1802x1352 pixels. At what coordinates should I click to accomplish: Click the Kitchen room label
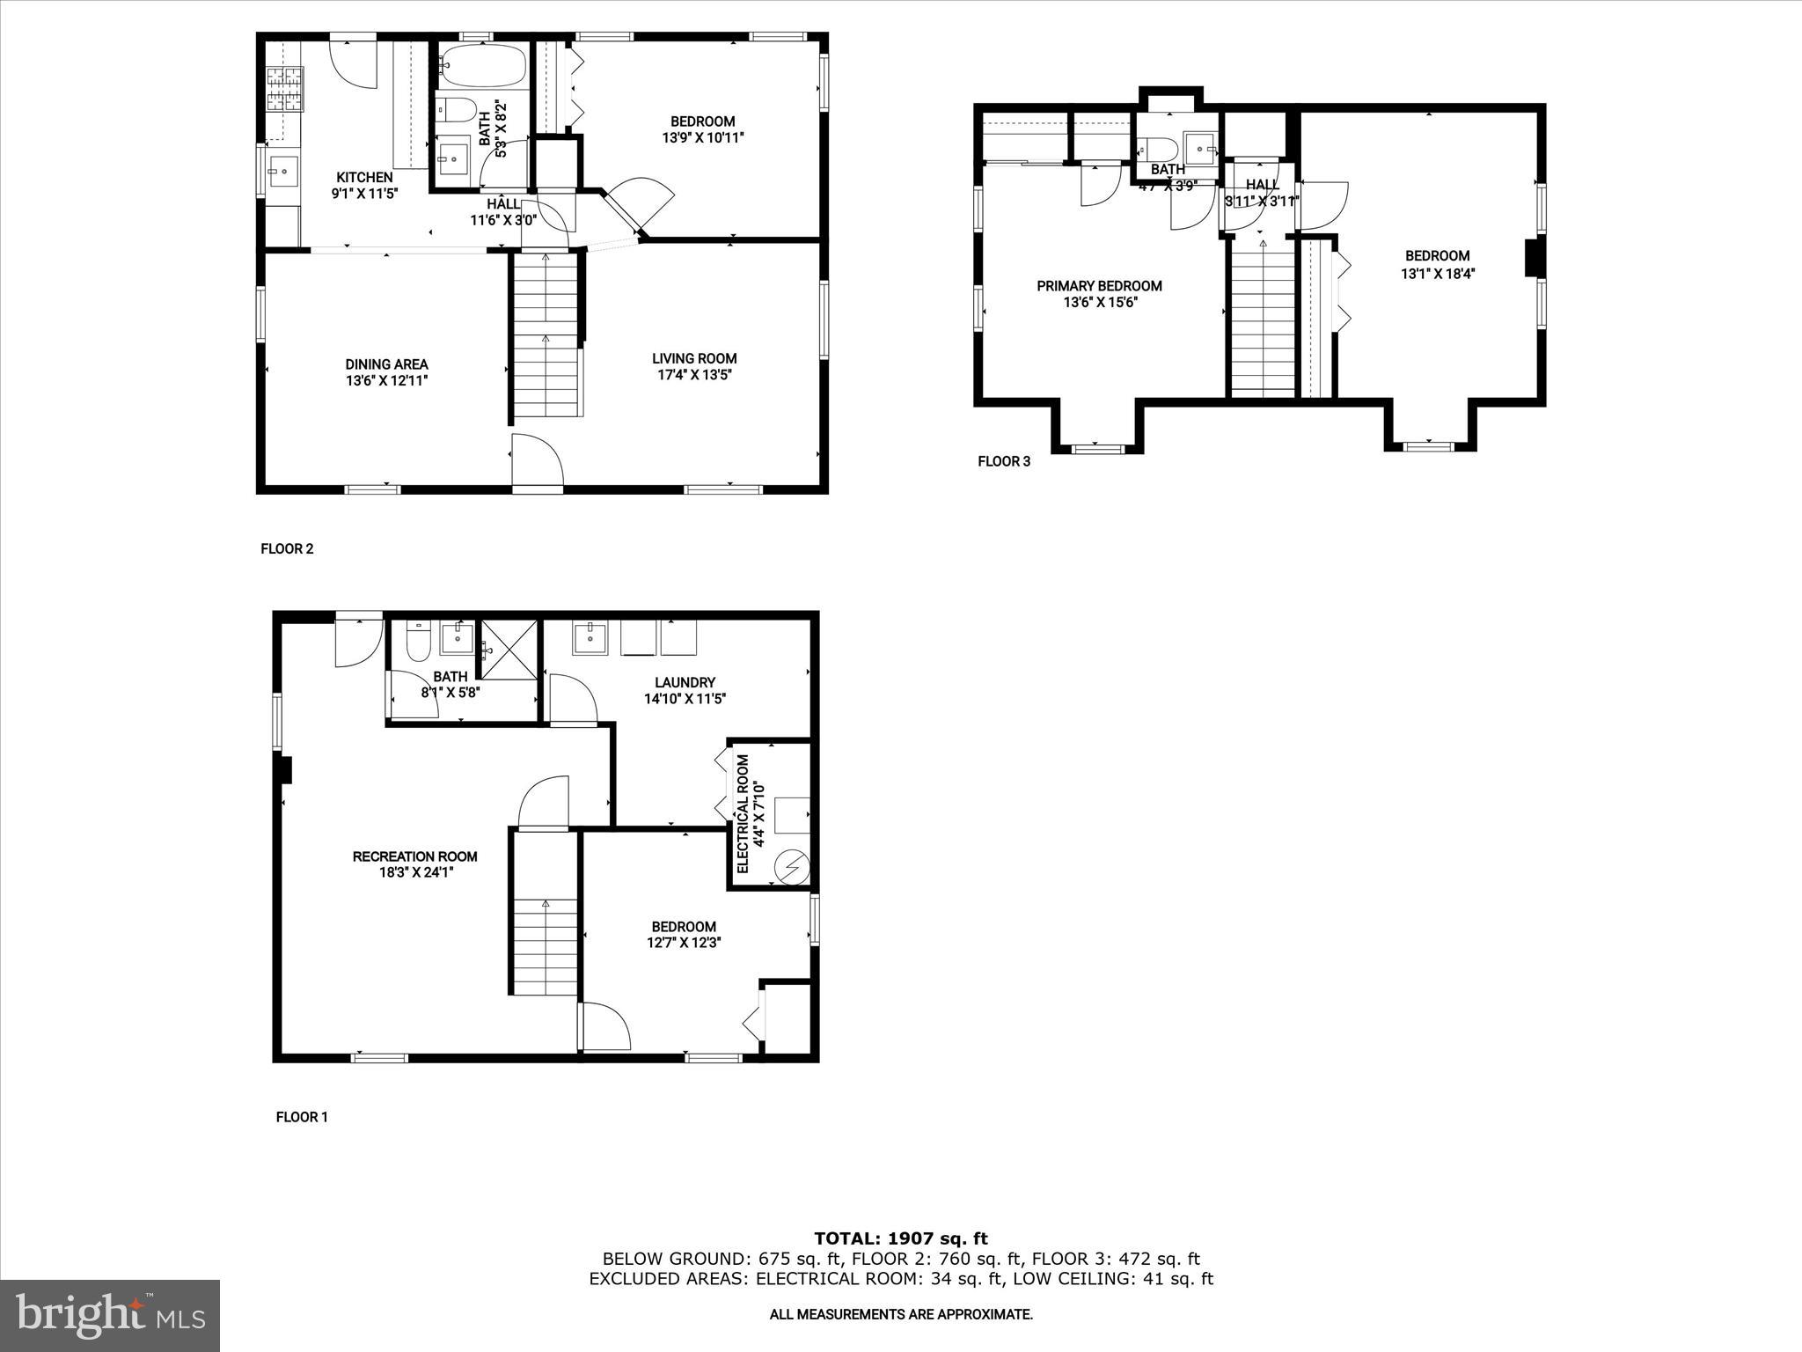(x=364, y=178)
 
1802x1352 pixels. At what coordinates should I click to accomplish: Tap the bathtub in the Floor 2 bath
(x=482, y=66)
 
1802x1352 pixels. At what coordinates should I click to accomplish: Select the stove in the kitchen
(x=284, y=89)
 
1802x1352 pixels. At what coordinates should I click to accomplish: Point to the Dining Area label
(x=386, y=364)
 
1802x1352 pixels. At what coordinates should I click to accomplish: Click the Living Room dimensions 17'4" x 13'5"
(x=693, y=375)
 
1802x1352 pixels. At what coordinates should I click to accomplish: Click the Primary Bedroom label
(x=1099, y=286)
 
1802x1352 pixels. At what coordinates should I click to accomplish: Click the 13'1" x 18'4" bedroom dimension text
(x=1437, y=274)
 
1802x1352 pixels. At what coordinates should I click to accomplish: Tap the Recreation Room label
(x=414, y=856)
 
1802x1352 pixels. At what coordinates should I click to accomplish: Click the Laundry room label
(x=685, y=682)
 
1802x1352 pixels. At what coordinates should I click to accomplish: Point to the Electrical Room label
(x=743, y=813)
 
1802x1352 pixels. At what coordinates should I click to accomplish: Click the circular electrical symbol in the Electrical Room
(x=790, y=867)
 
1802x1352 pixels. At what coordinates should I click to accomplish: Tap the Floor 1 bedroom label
(x=683, y=927)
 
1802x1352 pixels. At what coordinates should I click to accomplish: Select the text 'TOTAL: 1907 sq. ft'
(x=901, y=1239)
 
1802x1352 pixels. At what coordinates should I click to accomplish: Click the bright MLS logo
(x=110, y=1316)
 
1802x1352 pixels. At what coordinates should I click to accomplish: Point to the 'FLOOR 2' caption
(x=287, y=549)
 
